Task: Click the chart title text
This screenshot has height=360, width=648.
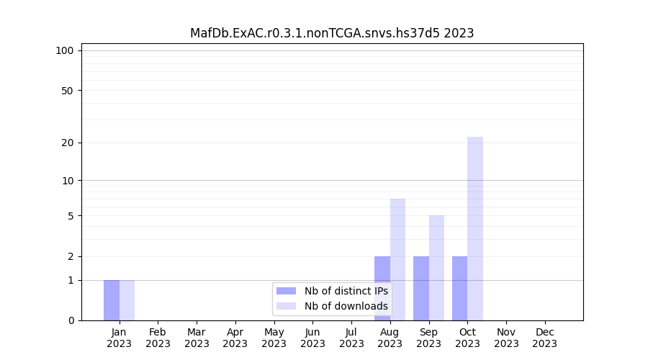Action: (332, 33)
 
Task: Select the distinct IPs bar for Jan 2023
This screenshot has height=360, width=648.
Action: (112, 300)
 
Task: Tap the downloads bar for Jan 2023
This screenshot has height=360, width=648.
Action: (127, 300)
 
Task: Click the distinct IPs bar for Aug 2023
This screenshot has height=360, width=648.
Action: (382, 288)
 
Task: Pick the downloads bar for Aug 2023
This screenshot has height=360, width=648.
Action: (397, 259)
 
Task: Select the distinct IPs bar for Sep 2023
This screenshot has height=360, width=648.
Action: (421, 288)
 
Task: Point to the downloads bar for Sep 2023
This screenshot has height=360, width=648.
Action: (436, 268)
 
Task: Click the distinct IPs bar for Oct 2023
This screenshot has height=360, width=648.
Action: (459, 288)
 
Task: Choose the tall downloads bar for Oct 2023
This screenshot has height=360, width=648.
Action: (475, 228)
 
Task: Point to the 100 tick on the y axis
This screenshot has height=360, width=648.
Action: (65, 50)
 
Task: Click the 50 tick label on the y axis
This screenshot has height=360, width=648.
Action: (67, 91)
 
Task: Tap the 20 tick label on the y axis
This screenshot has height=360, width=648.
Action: (67, 143)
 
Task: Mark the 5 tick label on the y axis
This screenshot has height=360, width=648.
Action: (70, 216)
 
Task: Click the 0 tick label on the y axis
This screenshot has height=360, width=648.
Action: (71, 320)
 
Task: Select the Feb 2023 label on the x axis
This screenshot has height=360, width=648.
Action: (158, 338)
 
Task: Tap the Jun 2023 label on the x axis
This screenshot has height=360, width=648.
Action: (312, 338)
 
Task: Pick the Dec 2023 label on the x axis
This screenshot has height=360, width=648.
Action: (545, 338)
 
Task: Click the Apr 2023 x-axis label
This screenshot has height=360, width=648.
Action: (235, 338)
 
